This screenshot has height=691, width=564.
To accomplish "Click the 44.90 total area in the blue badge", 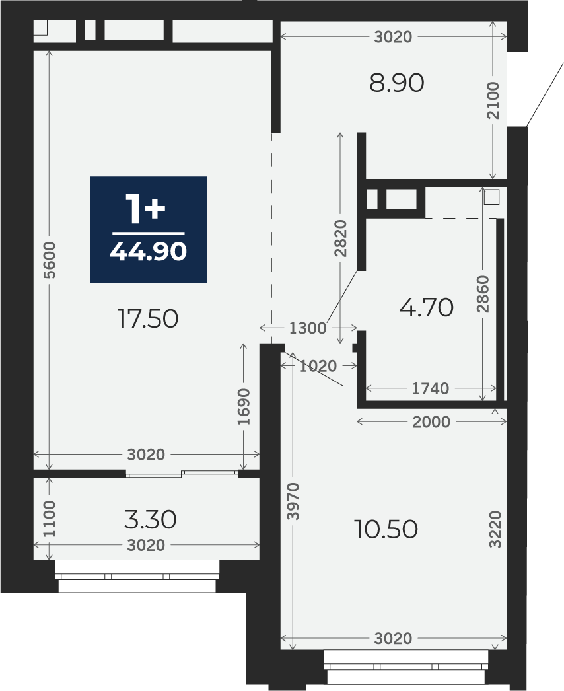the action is pyautogui.click(x=149, y=252).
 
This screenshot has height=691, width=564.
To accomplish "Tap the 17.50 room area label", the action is pyautogui.click(x=148, y=318).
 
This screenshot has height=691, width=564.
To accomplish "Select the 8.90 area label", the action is pyautogui.click(x=396, y=83).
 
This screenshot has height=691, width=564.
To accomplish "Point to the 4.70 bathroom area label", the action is pyautogui.click(x=426, y=307).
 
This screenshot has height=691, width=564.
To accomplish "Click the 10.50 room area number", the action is pyautogui.click(x=386, y=529).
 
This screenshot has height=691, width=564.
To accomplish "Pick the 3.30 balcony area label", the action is pyautogui.click(x=151, y=519).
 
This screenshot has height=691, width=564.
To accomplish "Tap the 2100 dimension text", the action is pyautogui.click(x=493, y=100).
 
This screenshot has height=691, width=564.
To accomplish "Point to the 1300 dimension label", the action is pyautogui.click(x=308, y=328).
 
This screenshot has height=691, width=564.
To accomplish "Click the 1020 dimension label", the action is pyautogui.click(x=318, y=366).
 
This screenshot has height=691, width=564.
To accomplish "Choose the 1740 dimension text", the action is pyautogui.click(x=431, y=388).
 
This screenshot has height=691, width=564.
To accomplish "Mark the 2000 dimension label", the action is pyautogui.click(x=431, y=422).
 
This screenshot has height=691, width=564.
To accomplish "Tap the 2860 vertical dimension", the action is pyautogui.click(x=483, y=294).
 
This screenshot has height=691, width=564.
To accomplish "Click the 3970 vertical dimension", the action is pyautogui.click(x=293, y=501).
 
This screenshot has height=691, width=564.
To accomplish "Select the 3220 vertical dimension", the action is pyautogui.click(x=495, y=529).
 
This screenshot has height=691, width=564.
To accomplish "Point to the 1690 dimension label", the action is pyautogui.click(x=243, y=407).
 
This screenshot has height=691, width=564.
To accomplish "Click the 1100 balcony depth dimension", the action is pyautogui.click(x=49, y=519).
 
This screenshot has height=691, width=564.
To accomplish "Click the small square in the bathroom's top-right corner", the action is pyautogui.click(x=491, y=197).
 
